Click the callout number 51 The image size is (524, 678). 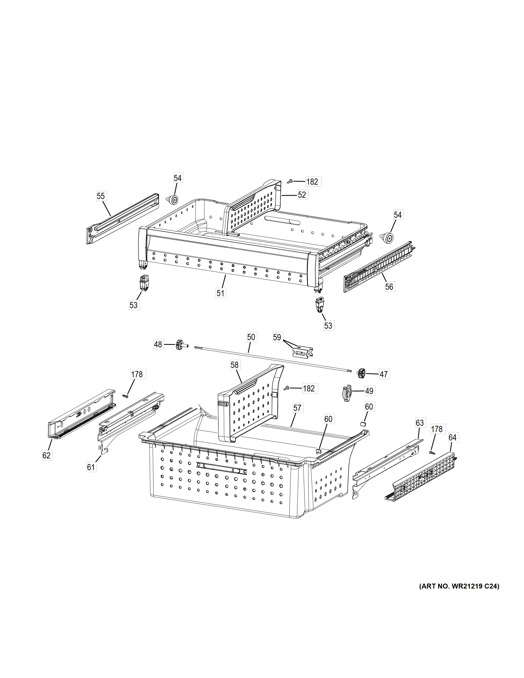(x=221, y=293)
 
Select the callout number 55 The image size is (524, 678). (x=101, y=196)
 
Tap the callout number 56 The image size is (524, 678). (x=389, y=286)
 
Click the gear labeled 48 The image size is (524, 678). (x=179, y=345)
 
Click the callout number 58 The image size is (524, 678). (x=234, y=365)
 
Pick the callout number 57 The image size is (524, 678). (x=297, y=408)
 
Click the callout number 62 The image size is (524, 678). (x=47, y=455)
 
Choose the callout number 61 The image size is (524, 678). (x=91, y=467)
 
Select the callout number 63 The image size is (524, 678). (x=420, y=423)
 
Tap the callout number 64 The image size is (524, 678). (x=453, y=438)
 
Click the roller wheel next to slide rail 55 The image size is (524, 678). (x=173, y=200)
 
